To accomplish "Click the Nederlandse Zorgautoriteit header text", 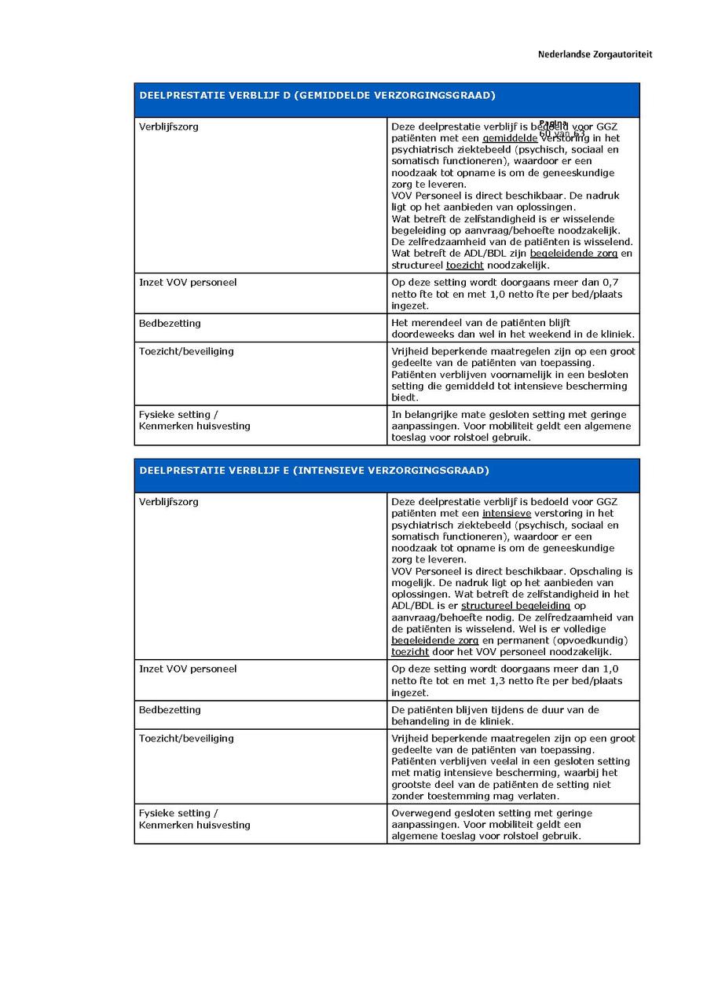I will coord(595,54).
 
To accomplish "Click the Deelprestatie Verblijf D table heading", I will coord(317,95).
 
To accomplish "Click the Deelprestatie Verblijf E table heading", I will coord(314,471).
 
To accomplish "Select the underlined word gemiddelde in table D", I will coord(510,138).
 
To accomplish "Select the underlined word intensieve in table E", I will coord(507,513).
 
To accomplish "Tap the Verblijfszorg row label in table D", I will coord(169,126).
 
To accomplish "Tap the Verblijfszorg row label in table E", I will coord(169,502).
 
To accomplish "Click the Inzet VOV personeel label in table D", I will coord(188,282).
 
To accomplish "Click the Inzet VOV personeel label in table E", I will coord(188,669).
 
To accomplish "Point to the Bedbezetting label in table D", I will coord(170,323).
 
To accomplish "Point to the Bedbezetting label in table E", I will coord(170,710).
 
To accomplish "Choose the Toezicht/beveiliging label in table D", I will coord(186,351).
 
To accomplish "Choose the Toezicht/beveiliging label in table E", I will coord(186,738).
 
